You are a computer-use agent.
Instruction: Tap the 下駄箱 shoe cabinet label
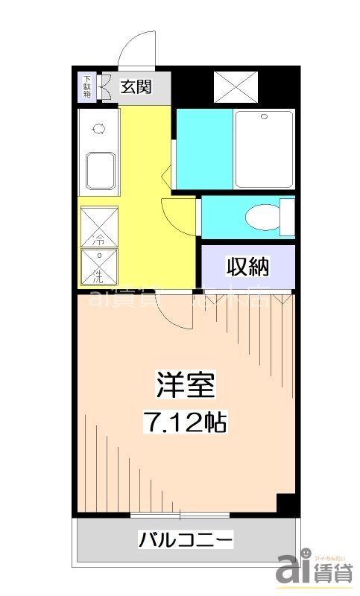pyautogui.click(x=87, y=86)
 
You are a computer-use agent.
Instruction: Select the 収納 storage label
pyautogui.click(x=248, y=264)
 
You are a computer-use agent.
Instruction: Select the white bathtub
pyautogui.click(x=264, y=149)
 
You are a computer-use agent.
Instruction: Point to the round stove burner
pyautogui.click(x=98, y=129)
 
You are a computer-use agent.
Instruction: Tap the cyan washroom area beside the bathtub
pyautogui.click(x=203, y=149)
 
